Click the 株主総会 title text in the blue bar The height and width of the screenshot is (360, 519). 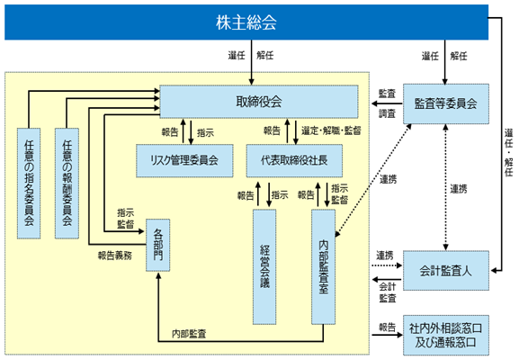246,22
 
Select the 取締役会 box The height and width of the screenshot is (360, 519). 259,102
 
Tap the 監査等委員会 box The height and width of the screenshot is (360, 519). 446,103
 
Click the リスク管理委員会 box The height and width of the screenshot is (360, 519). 184,160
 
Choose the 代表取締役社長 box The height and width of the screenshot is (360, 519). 294,160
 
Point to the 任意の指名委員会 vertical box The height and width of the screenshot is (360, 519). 29,183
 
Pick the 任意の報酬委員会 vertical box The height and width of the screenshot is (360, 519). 67,183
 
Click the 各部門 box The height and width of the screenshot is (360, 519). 158,245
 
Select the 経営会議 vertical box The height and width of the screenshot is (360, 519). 264,266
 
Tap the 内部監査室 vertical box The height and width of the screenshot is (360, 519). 324,266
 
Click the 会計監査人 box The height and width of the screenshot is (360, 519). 446,271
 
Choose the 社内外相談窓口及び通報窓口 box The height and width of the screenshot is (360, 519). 446,335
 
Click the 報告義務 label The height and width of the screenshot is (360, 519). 115,256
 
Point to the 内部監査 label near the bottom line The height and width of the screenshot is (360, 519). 189,334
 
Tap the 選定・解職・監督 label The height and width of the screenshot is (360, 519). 331,130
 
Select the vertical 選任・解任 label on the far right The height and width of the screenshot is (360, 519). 509,152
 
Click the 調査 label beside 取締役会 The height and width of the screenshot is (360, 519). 387,114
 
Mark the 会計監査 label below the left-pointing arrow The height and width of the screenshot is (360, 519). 388,292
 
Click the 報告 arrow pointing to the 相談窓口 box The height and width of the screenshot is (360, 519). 387,335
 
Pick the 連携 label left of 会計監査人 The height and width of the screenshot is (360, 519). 385,256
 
